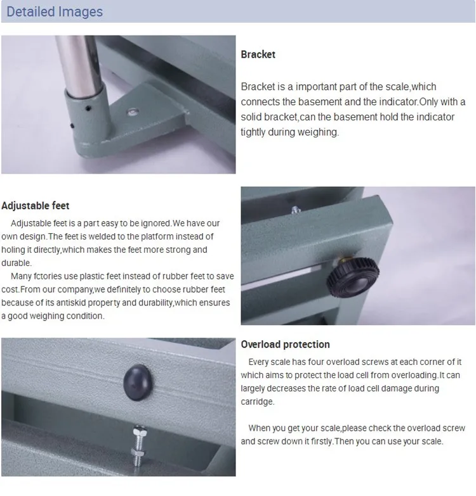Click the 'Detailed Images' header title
tap(55, 11)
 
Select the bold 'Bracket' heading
tap(258, 54)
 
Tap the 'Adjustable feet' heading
tap(35, 206)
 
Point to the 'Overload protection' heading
tap(285, 344)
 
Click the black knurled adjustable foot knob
tap(353, 277)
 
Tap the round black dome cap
tap(138, 382)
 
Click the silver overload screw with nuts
tap(138, 445)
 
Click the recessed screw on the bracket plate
tap(133, 111)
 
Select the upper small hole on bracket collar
tap(88, 108)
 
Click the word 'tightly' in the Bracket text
tap(253, 132)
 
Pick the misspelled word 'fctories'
tap(48, 276)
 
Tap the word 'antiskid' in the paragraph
tap(70, 303)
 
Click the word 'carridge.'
tap(258, 402)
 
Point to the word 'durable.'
tap(17, 263)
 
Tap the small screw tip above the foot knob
tap(295, 210)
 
